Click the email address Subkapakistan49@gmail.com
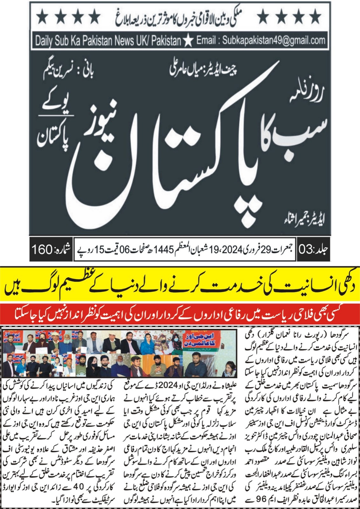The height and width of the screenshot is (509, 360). tap(273, 40)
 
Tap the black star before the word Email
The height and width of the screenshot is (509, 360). tap(188, 41)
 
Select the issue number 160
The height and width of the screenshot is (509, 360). tap(42, 249)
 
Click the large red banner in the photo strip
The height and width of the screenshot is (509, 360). tap(199, 340)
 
